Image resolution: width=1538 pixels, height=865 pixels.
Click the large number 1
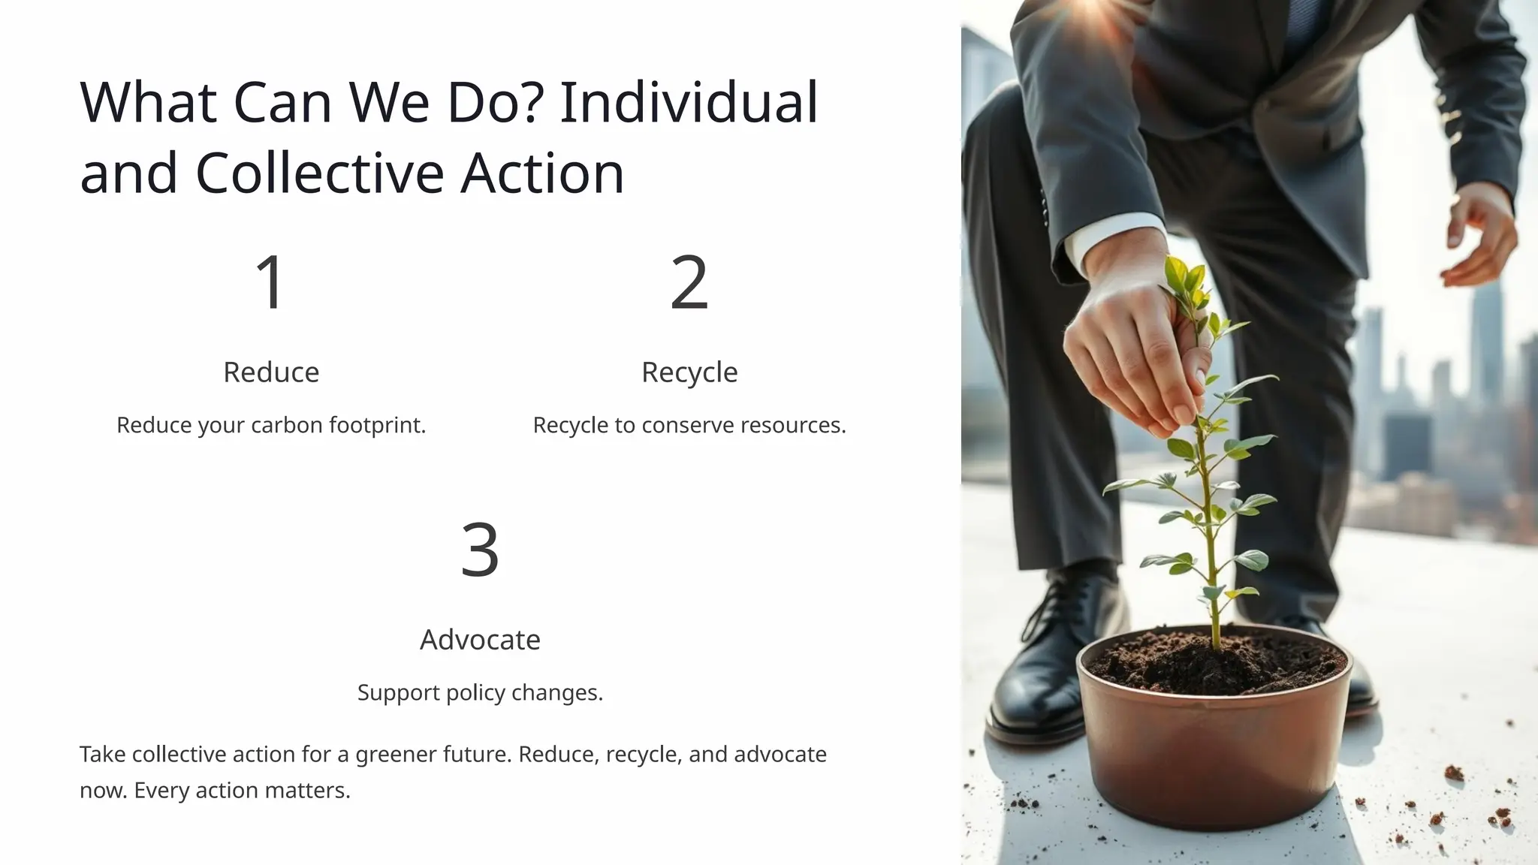pos(270,282)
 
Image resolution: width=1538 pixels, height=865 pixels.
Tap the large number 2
pos(689,282)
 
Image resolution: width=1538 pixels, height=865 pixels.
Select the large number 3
pos(480,549)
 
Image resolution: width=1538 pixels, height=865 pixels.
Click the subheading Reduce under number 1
pos(271,372)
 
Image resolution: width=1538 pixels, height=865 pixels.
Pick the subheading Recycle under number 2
pos(689,372)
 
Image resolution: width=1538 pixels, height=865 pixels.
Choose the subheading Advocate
pos(480,640)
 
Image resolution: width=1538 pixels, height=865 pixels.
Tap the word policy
pos(475,693)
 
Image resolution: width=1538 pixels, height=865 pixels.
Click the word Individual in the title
pos(689,102)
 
